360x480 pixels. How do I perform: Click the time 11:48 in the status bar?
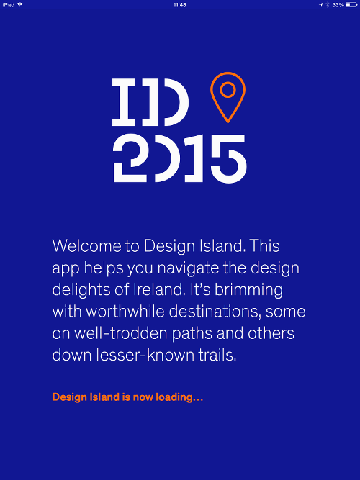pyautogui.click(x=180, y=5)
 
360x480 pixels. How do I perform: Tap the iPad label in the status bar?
pyautogui.click(x=9, y=5)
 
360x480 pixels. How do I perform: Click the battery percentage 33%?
pyautogui.click(x=338, y=5)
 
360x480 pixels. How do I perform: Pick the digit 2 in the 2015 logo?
pyautogui.click(x=129, y=158)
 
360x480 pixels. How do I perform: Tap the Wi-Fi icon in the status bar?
pyautogui.click(x=19, y=5)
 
